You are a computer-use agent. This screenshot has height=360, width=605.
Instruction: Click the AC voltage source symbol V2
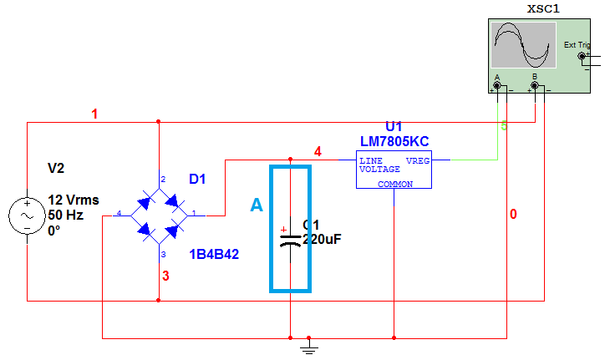pyautogui.click(x=27, y=215)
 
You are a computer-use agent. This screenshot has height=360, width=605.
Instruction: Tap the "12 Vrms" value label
pyautogui.click(x=74, y=200)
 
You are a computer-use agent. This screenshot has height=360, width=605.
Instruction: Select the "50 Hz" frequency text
pyautogui.click(x=66, y=215)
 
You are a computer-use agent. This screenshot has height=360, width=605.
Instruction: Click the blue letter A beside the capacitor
pyautogui.click(x=257, y=205)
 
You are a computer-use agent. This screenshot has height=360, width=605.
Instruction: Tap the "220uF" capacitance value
pyautogui.click(x=323, y=239)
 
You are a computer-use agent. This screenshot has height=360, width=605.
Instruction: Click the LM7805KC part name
pyautogui.click(x=394, y=141)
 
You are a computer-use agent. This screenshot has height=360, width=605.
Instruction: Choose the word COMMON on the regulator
pyautogui.click(x=394, y=184)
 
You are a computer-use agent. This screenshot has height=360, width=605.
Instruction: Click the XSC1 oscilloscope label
pyautogui.click(x=543, y=9)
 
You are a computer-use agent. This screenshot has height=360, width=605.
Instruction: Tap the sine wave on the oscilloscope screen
pyautogui.click(x=523, y=45)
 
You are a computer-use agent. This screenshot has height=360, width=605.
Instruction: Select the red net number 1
pyautogui.click(x=94, y=114)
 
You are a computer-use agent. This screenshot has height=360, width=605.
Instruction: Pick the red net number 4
pyautogui.click(x=318, y=151)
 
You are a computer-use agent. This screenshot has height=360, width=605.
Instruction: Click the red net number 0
pyautogui.click(x=513, y=215)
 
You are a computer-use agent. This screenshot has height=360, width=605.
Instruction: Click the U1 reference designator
pyautogui.click(x=394, y=127)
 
